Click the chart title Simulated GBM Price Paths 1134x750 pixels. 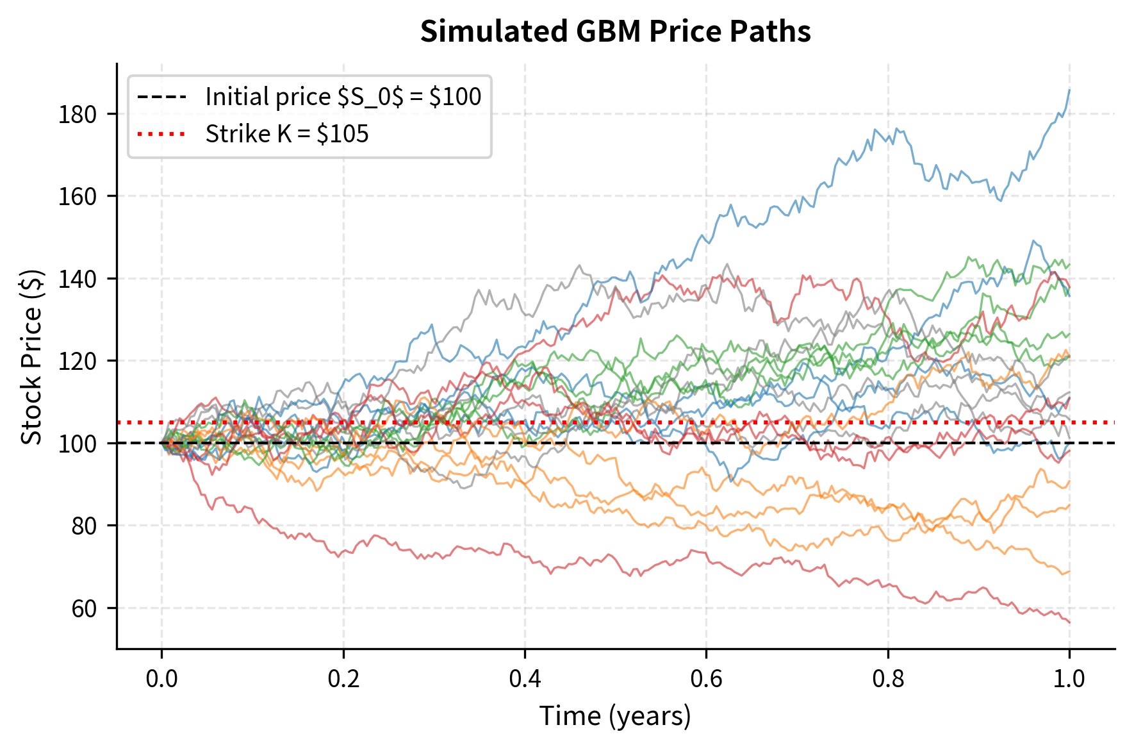point(615,31)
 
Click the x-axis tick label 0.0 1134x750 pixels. point(161,678)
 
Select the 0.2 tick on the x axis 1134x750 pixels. point(343,678)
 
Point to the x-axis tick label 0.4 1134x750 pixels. point(525,678)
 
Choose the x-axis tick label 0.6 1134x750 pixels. point(706,678)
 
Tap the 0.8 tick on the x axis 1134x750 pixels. point(888,678)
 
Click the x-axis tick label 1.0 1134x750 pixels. point(1069,678)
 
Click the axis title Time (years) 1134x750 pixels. point(615,715)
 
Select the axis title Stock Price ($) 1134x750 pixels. point(32,356)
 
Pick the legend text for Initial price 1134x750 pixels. point(343,97)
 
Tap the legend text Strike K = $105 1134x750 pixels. point(287,134)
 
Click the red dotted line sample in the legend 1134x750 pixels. point(161,134)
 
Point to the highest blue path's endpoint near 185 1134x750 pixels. point(1069,91)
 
